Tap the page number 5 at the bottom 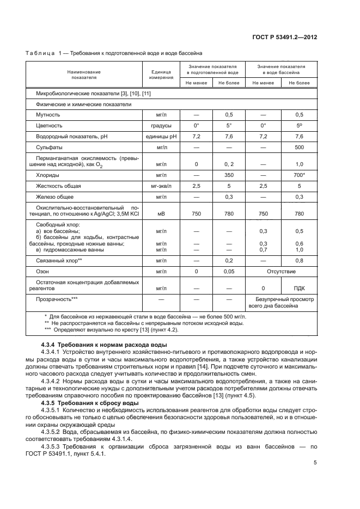point(315,463)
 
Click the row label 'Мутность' point(48,115)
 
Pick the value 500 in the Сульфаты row point(299,147)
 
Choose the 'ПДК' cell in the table point(299,288)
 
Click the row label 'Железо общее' point(54,197)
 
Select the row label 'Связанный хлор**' point(59,260)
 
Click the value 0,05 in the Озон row point(229,271)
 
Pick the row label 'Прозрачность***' point(57,299)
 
